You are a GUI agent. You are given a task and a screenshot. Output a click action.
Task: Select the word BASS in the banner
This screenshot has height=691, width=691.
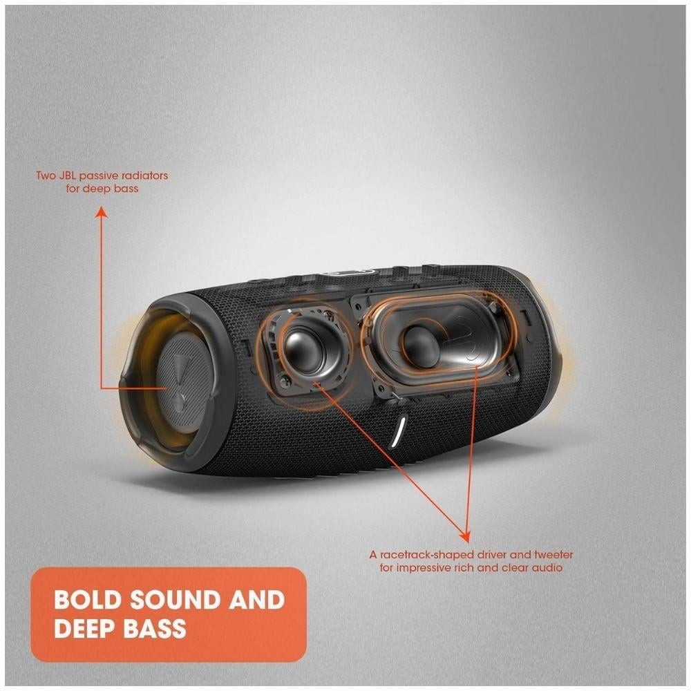(x=154, y=628)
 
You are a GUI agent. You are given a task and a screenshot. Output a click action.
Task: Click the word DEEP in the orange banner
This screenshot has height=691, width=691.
(x=84, y=628)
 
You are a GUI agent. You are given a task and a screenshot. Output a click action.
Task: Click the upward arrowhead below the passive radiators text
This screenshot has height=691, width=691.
(x=102, y=212)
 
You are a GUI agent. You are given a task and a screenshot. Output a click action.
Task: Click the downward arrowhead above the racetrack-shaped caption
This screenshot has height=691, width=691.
(x=465, y=536)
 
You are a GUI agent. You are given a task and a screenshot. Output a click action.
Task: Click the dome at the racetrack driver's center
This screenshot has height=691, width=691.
(x=420, y=343)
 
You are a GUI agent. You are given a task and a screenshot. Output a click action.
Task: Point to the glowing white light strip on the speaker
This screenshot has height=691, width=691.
(x=400, y=430)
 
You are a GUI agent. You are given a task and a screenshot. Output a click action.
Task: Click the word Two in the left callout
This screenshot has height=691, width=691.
(x=45, y=176)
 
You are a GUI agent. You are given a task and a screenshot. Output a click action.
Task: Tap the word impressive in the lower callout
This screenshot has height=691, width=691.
(x=420, y=567)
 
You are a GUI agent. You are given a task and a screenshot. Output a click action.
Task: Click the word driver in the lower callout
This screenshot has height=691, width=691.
(x=492, y=554)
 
